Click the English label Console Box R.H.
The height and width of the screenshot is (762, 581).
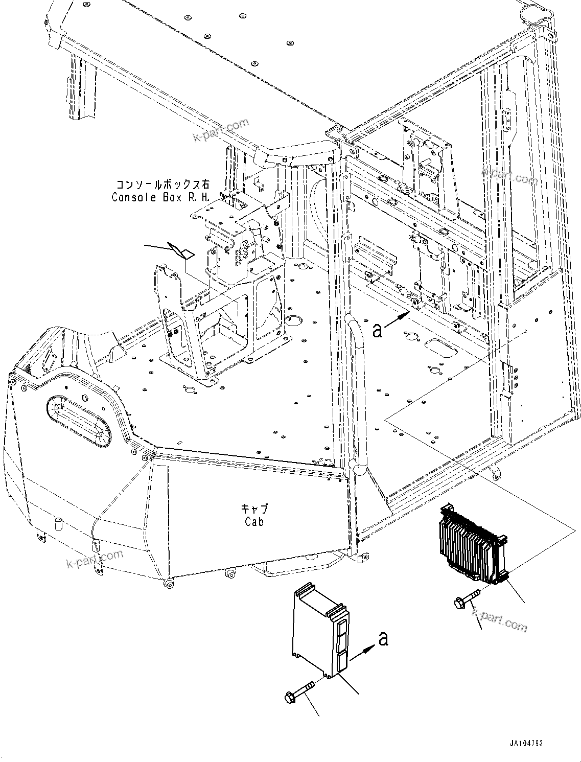[x=160, y=197]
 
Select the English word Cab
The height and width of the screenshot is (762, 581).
[x=254, y=522]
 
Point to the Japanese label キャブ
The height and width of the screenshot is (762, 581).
[x=254, y=509]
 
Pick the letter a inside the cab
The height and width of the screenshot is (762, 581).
[x=377, y=331]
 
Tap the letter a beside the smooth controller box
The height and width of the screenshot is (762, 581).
[x=383, y=638]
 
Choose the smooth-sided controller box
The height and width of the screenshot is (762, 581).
[x=319, y=632]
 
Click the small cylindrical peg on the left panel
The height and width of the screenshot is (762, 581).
[x=58, y=524]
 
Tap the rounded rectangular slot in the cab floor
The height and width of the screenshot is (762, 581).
[x=440, y=348]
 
